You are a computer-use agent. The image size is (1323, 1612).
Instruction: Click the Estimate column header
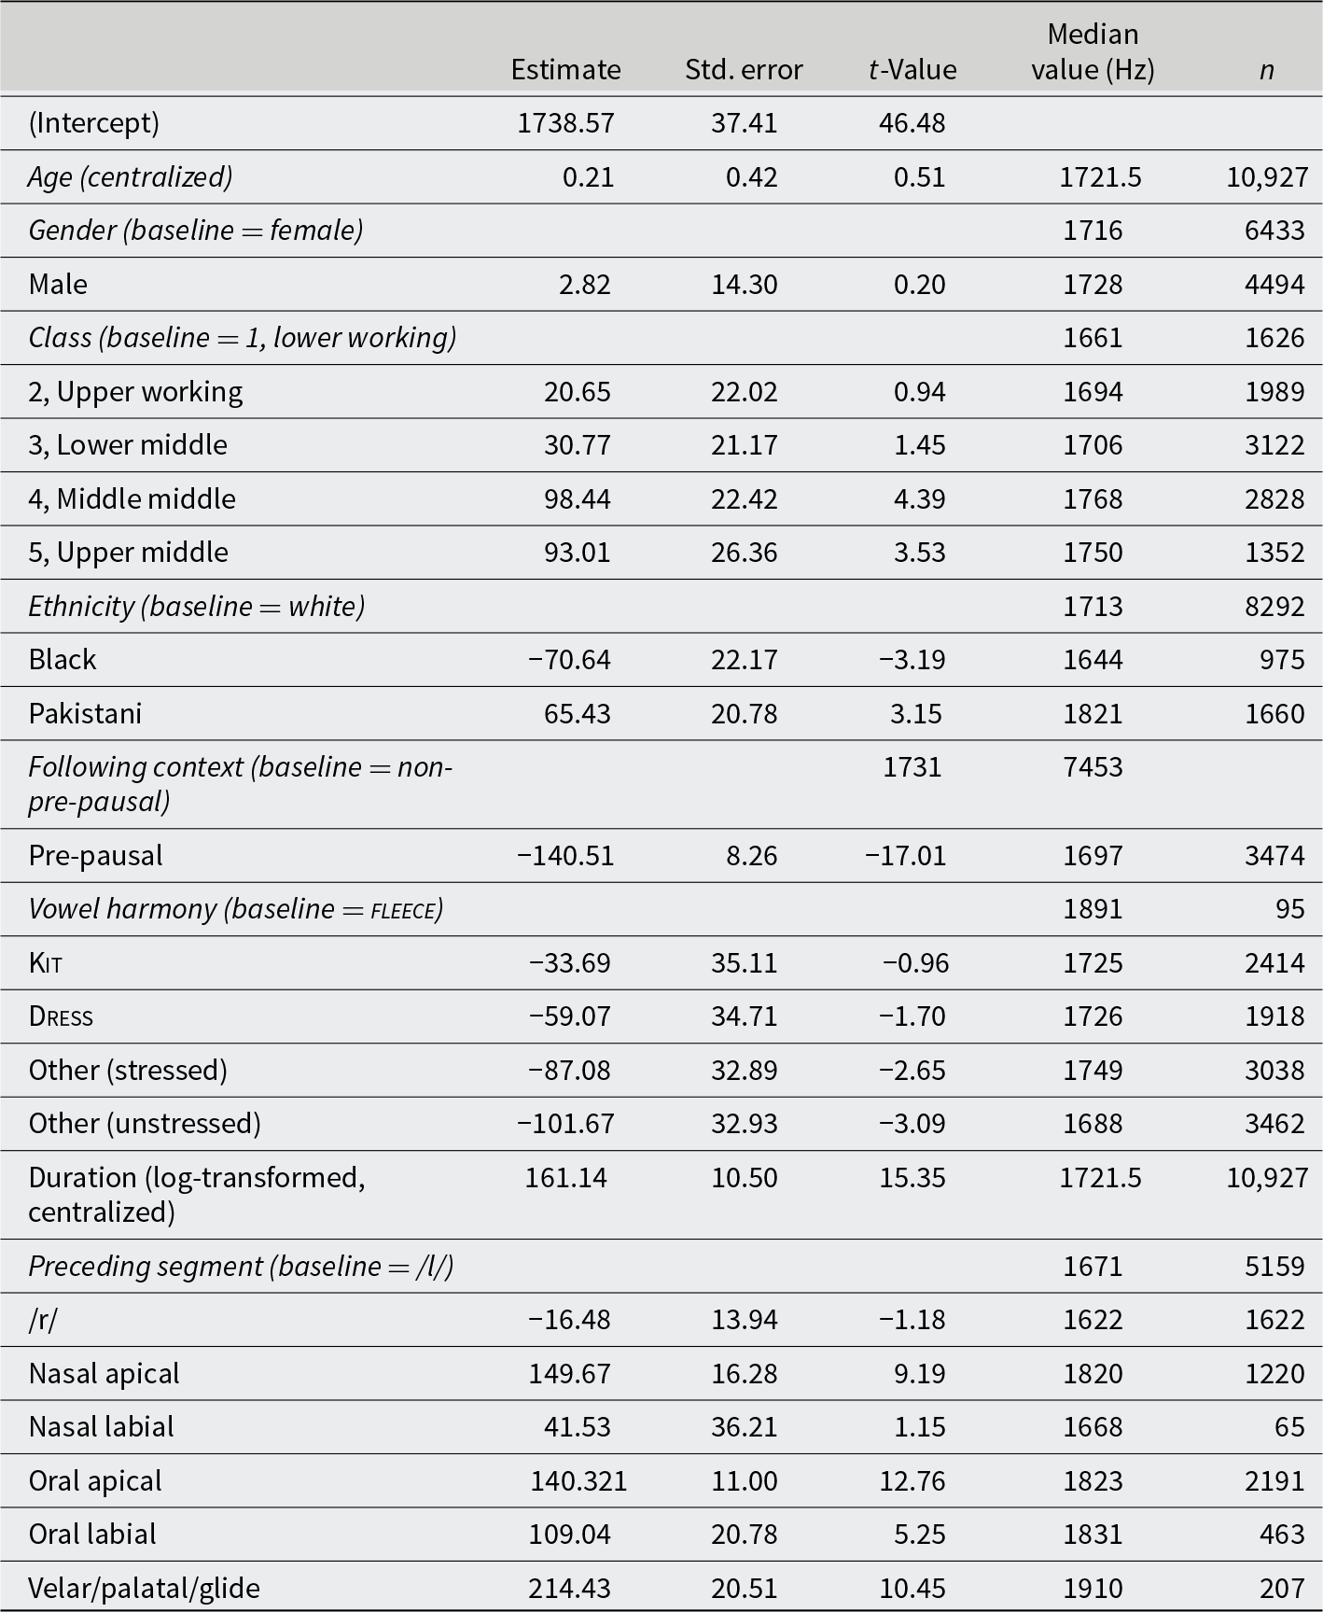point(565,70)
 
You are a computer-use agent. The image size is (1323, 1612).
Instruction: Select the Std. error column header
point(744,70)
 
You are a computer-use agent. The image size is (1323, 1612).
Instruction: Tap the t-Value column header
point(912,70)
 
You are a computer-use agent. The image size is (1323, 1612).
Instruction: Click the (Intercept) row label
point(94,123)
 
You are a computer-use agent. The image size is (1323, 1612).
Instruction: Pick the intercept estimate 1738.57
point(565,123)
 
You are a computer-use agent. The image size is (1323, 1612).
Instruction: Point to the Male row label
point(58,284)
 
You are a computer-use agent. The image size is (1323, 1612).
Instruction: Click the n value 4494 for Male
point(1274,284)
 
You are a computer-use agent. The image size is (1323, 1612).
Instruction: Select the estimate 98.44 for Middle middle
point(578,498)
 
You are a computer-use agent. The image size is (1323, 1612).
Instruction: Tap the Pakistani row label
point(85,713)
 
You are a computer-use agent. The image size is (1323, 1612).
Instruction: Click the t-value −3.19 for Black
point(912,660)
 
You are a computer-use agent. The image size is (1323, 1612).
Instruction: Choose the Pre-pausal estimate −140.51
point(565,856)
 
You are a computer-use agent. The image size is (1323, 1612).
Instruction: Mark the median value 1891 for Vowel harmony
point(1093,909)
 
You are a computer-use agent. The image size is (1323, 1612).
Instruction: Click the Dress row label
point(61,1016)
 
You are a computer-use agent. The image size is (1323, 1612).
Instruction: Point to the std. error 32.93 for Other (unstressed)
point(744,1123)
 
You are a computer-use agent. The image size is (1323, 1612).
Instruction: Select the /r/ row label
point(43,1320)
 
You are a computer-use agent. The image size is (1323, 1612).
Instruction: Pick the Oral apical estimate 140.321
point(578,1480)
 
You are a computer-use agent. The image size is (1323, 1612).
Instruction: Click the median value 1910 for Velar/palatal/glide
point(1093,1588)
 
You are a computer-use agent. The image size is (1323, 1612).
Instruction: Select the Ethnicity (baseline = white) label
point(196,607)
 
